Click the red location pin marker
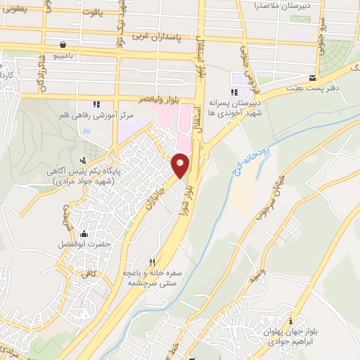180,166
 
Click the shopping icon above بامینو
64,43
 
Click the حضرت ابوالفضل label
85,245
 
